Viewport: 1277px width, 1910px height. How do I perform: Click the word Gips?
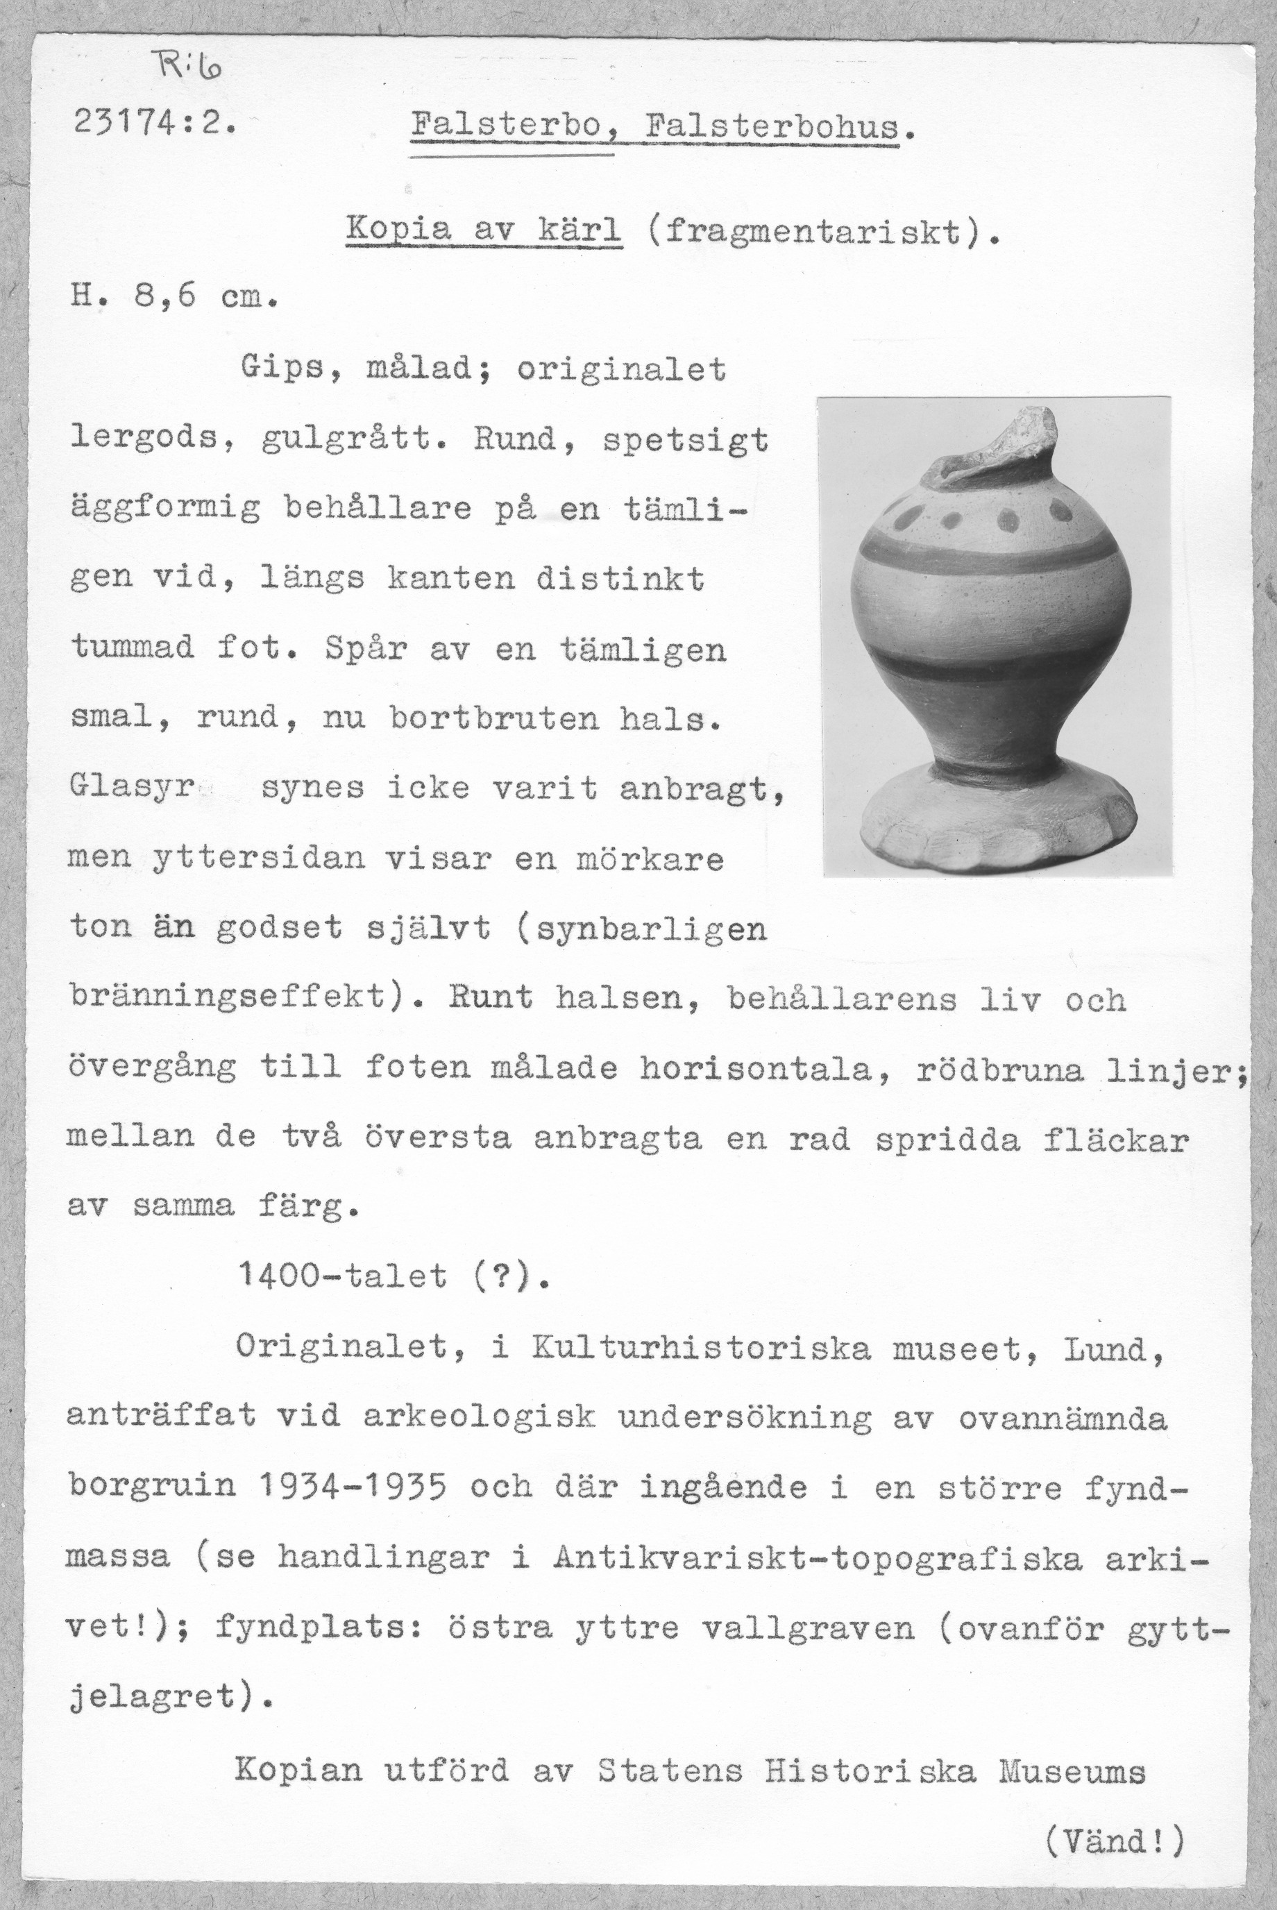click(x=282, y=371)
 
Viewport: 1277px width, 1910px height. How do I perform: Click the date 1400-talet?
click(x=343, y=1276)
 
